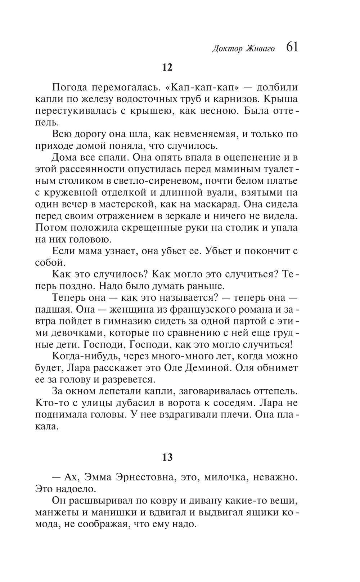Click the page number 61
(x=292, y=47)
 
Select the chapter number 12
(x=167, y=67)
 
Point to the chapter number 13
(x=167, y=457)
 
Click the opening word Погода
(x=69, y=87)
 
